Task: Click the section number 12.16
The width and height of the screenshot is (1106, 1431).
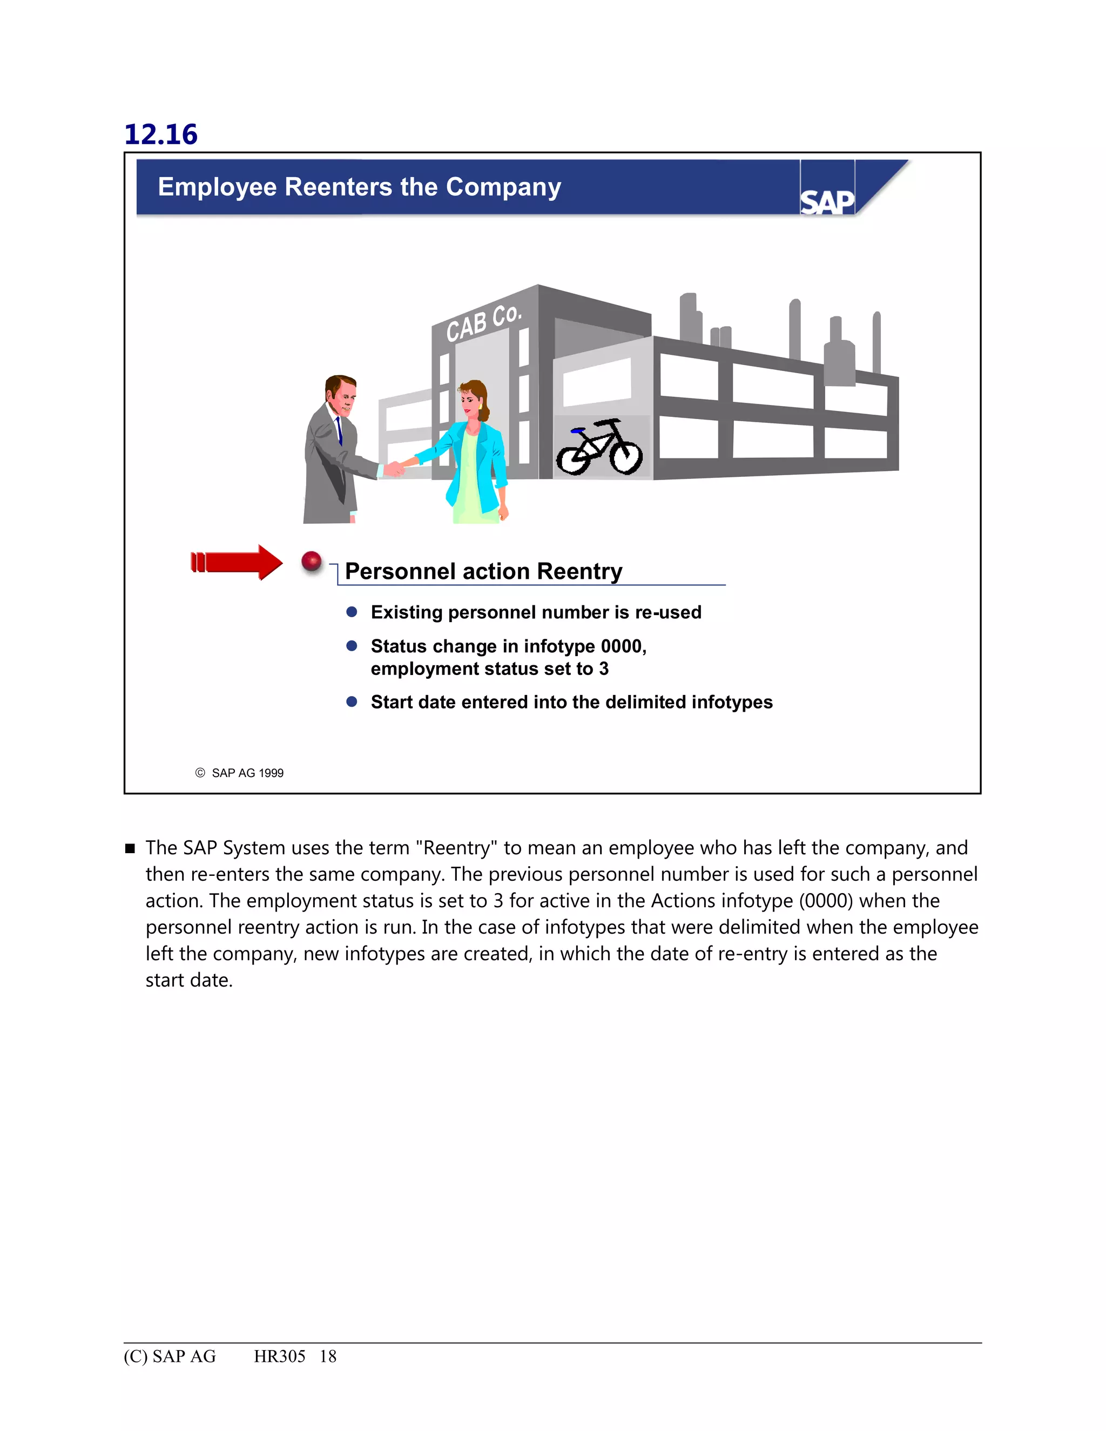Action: (160, 134)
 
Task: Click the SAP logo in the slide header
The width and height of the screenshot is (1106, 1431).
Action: (827, 201)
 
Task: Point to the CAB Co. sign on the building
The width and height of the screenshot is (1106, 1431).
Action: (483, 322)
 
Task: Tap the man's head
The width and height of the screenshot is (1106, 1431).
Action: (341, 395)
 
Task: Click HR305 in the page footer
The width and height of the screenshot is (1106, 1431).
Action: (280, 1356)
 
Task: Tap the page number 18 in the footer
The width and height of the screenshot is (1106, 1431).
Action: (328, 1356)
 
